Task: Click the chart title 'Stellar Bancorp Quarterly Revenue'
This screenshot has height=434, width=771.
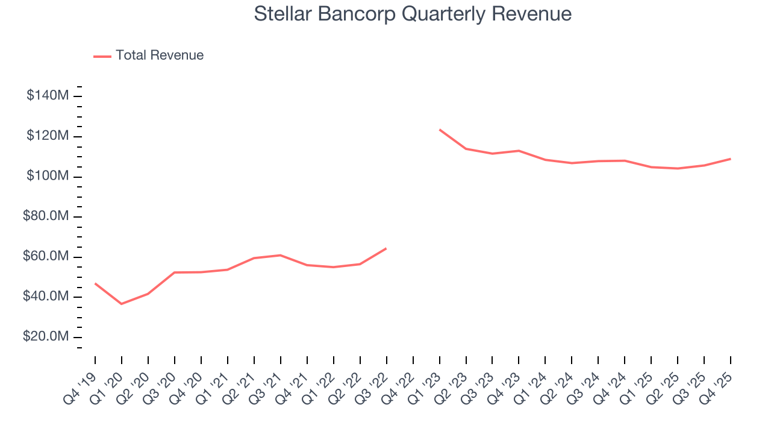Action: pyautogui.click(x=413, y=14)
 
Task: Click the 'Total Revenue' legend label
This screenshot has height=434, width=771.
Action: pyautogui.click(x=160, y=55)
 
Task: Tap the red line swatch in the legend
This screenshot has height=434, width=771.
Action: pyautogui.click(x=102, y=56)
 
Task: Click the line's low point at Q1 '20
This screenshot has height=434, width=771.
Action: pyautogui.click(x=122, y=304)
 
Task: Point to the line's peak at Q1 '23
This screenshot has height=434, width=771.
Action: pyautogui.click(x=440, y=130)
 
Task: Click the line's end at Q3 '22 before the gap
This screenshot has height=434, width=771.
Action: pyautogui.click(x=386, y=248)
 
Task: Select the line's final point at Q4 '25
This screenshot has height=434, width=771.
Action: pyautogui.click(x=731, y=159)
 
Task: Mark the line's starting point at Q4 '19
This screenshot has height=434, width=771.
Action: pyautogui.click(x=95, y=283)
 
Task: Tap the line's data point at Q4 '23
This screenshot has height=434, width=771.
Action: pyautogui.click(x=519, y=151)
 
